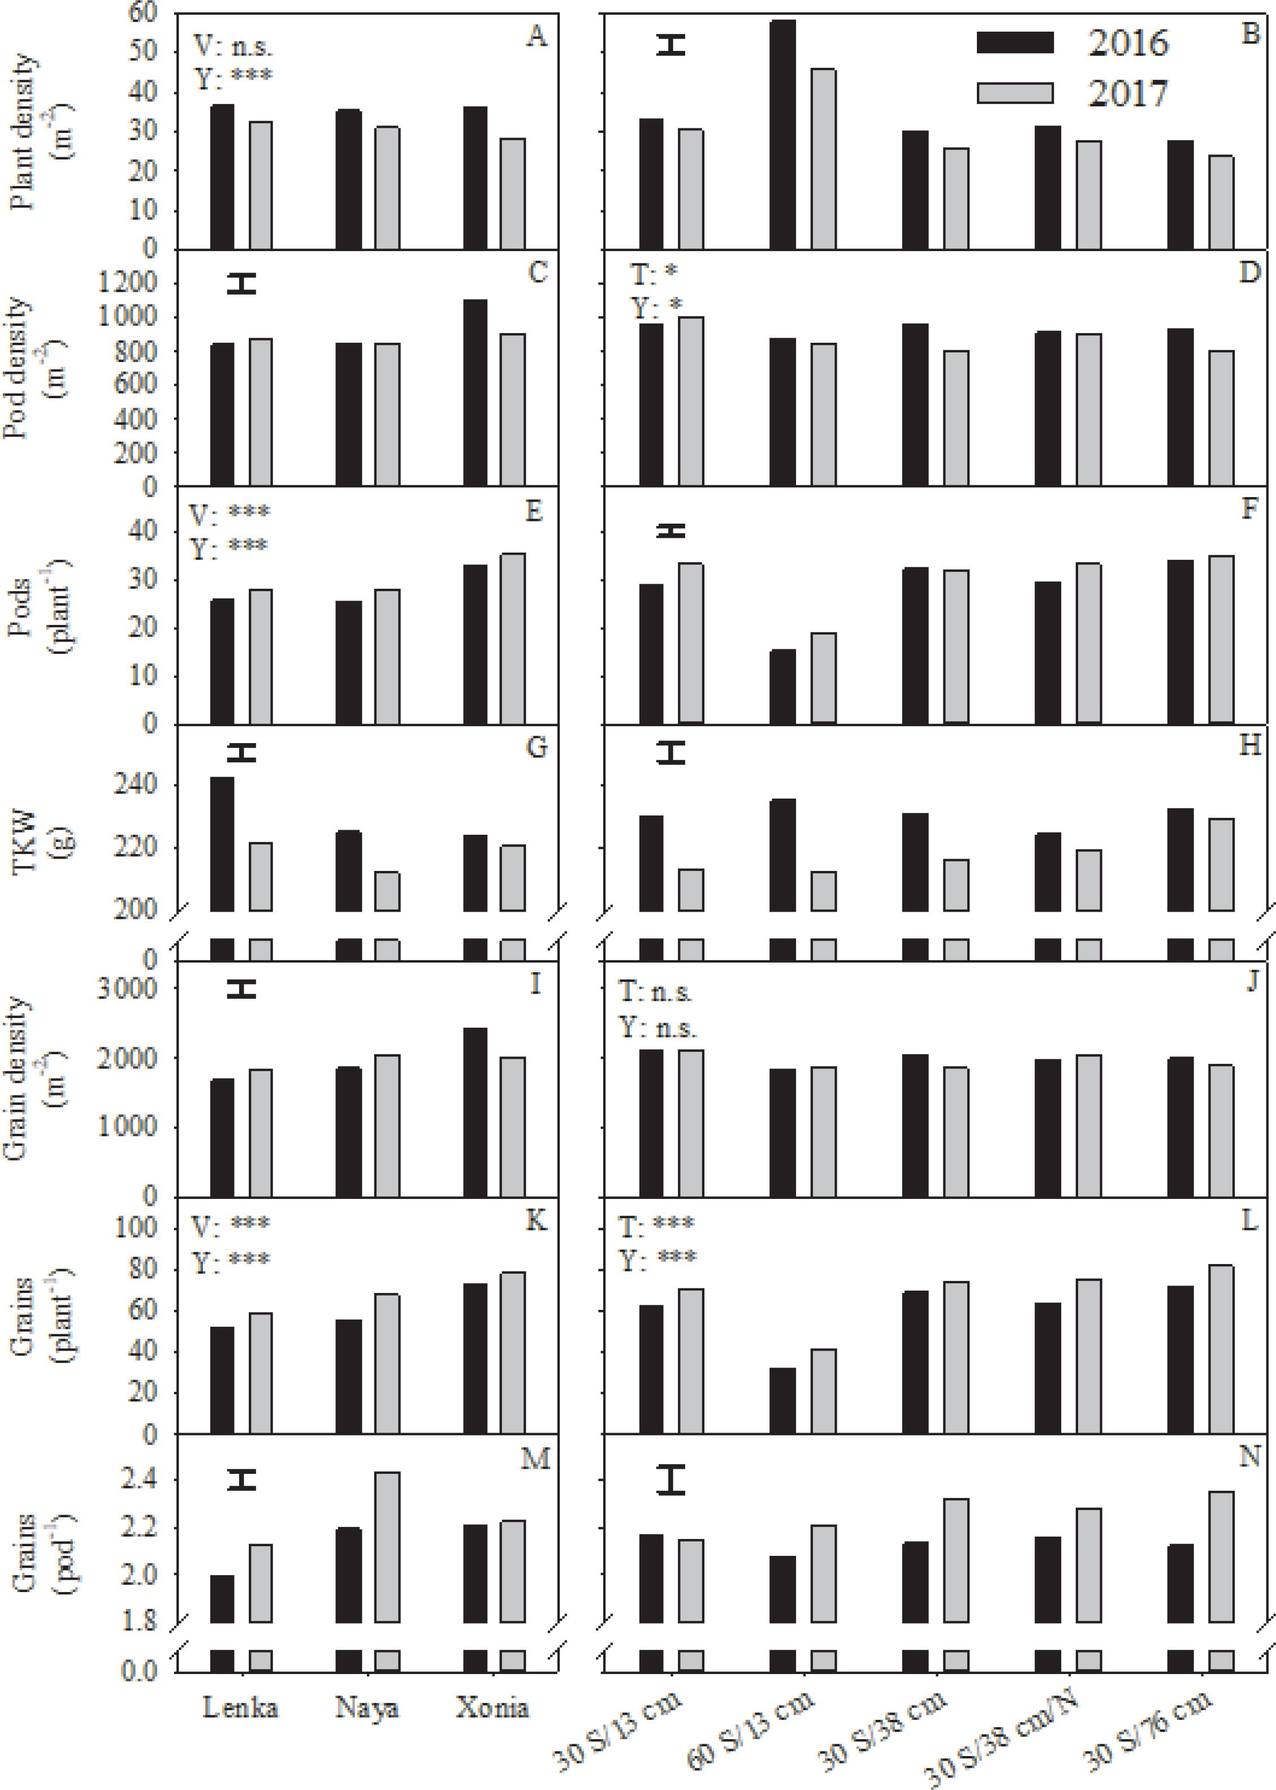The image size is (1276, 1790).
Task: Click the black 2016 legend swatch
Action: pyautogui.click(x=1014, y=42)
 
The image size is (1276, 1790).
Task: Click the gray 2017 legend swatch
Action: pyautogui.click(x=1014, y=93)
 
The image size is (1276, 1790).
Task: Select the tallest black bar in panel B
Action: pyautogui.click(x=782, y=133)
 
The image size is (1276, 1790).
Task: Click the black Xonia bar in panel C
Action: pyautogui.click(x=475, y=393)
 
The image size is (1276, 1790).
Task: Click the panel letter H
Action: pyautogui.click(x=1249, y=744)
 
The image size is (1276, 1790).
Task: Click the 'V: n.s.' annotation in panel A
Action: pyautogui.click(x=233, y=46)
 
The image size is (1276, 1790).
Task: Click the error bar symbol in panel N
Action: pyautogui.click(x=672, y=1479)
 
